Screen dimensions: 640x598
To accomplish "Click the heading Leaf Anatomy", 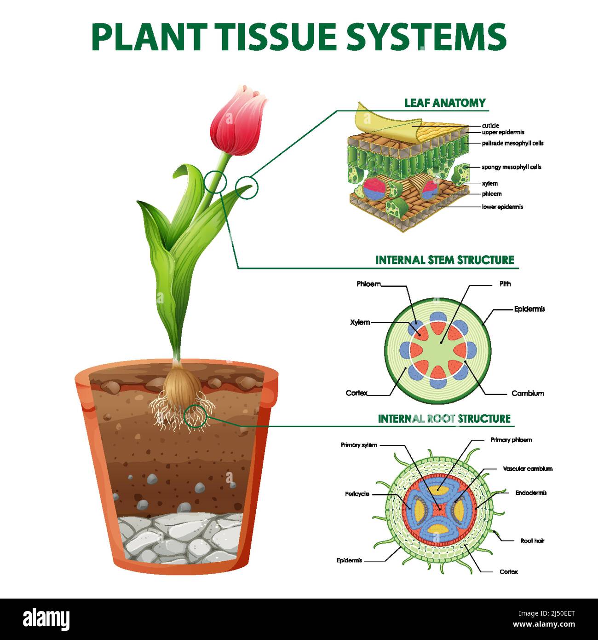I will [x=445, y=103].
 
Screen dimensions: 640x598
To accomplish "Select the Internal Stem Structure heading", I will [x=444, y=260].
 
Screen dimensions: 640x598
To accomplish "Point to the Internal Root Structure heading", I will [x=444, y=419].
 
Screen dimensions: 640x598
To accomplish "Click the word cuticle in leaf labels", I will [x=490, y=126].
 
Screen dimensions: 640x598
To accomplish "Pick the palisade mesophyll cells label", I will [x=512, y=143].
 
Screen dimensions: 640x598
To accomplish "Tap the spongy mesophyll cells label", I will [x=512, y=167].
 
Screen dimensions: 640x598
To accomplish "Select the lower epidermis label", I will [x=502, y=207].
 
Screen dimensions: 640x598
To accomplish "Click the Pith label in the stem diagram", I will [x=505, y=284].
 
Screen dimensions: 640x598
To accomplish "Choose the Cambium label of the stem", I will [x=528, y=393].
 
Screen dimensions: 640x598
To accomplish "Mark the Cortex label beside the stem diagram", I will [x=356, y=393].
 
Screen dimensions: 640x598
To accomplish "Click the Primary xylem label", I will [x=359, y=445].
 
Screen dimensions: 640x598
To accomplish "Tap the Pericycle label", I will [x=357, y=494].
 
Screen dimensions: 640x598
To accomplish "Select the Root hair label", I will [x=532, y=541].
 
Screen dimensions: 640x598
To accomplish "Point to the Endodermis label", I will [x=531, y=493].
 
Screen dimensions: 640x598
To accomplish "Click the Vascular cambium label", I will [x=528, y=469].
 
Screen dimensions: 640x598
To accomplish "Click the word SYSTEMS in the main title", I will [x=426, y=37].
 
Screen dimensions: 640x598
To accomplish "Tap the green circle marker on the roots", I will [x=195, y=416].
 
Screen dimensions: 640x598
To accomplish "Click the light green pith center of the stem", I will [x=437, y=350].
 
